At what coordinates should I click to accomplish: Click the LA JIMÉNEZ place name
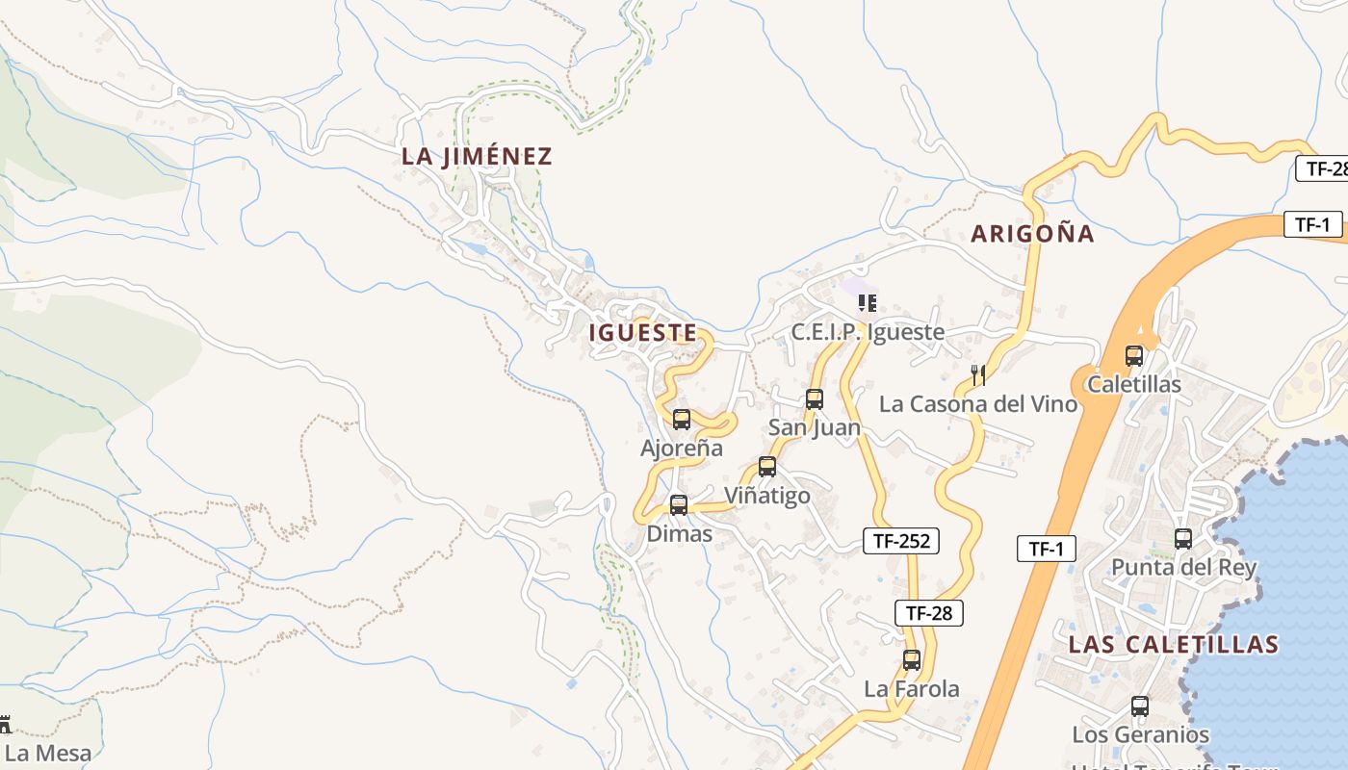point(477,156)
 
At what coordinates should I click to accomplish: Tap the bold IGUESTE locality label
point(642,333)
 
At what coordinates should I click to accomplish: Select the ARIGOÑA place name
point(1032,233)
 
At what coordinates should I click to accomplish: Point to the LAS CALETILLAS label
point(1174,644)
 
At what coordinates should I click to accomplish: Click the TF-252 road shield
point(901,541)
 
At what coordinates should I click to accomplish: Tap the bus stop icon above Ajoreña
point(682,420)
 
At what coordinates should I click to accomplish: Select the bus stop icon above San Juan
point(815,399)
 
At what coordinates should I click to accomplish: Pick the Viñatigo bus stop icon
point(767,467)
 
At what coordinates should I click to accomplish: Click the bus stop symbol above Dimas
point(679,504)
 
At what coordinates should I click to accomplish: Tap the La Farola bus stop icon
point(912,660)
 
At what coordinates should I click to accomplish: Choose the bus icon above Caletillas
point(1134,356)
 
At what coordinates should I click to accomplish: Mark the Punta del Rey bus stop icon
point(1183,539)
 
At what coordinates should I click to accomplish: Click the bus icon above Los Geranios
point(1140,706)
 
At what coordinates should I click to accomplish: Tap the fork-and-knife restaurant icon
point(978,374)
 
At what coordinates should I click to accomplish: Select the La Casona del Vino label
point(978,404)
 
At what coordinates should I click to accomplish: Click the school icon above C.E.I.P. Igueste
point(868,303)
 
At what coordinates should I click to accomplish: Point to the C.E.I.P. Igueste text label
point(868,332)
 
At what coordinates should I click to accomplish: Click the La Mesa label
point(48,754)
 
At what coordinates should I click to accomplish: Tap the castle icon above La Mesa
point(4,725)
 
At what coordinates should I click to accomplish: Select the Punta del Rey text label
point(1184,567)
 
